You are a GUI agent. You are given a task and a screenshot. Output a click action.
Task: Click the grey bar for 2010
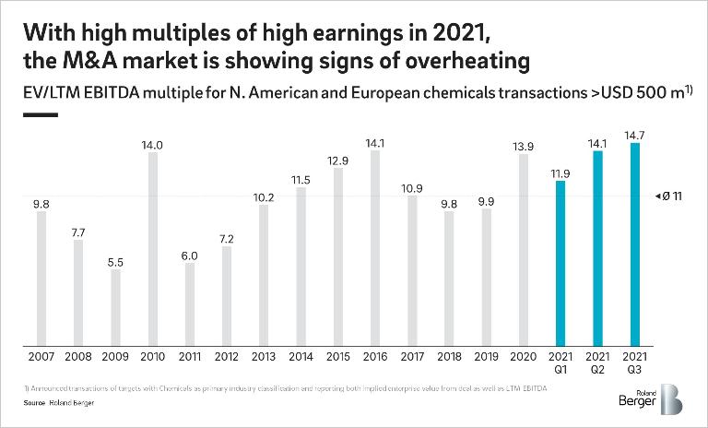click(152, 249)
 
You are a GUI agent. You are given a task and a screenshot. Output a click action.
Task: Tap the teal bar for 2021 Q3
click(635, 244)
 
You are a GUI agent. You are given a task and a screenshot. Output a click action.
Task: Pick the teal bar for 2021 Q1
click(560, 264)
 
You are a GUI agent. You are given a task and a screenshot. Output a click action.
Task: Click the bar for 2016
click(375, 248)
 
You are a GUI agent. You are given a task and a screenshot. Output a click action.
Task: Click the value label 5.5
click(115, 261)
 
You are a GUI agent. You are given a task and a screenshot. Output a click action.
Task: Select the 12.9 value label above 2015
click(338, 160)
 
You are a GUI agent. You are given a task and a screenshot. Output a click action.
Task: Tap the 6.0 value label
click(189, 255)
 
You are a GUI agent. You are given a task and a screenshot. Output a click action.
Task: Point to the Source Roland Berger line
click(53, 403)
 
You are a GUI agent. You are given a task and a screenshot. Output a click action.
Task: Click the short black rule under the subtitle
click(40, 115)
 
